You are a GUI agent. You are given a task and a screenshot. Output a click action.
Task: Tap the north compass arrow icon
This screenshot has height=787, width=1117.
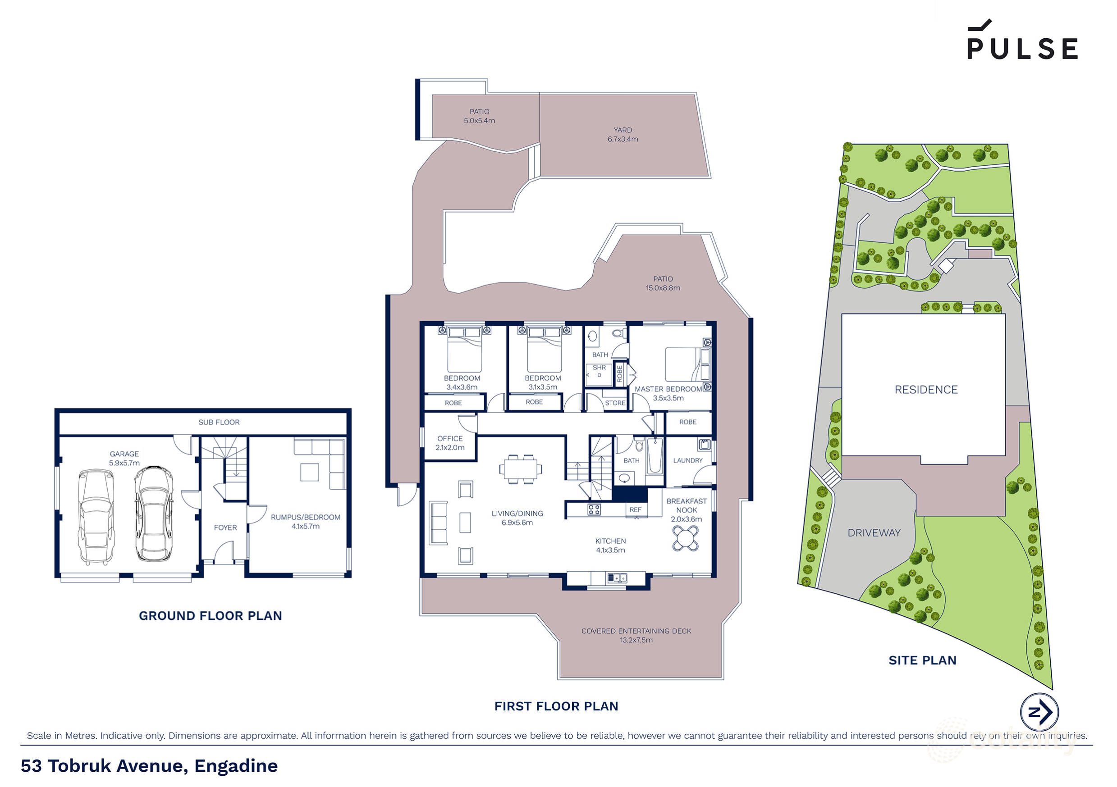(1039, 712)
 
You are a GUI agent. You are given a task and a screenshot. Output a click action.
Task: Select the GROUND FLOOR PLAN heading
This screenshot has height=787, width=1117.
(210, 616)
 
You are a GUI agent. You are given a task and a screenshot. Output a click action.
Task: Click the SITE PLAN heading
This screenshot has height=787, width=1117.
(922, 660)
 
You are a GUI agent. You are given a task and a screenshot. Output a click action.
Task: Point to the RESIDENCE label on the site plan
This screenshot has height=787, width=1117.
(926, 389)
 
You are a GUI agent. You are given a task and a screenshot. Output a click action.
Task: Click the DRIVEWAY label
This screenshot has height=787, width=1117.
(874, 533)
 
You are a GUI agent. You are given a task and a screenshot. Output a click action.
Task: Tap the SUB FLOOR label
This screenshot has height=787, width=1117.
(219, 423)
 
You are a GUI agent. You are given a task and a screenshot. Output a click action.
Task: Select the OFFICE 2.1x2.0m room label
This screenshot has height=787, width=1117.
(449, 443)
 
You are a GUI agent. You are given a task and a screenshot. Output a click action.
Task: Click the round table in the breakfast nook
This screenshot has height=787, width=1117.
(686, 539)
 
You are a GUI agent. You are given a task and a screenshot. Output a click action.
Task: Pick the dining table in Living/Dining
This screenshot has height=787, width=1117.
(520, 469)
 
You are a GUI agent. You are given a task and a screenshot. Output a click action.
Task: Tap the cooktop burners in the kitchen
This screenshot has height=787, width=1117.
(594, 510)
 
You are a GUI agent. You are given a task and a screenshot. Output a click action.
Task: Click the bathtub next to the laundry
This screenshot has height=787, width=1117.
(655, 456)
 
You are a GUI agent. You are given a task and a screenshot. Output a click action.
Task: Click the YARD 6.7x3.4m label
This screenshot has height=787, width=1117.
(623, 135)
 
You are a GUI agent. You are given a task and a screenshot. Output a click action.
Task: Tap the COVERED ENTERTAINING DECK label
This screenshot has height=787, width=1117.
(636, 635)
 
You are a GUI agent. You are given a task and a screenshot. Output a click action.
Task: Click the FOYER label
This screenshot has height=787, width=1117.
(225, 528)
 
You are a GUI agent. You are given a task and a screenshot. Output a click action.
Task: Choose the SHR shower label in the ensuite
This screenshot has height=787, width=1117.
(599, 368)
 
